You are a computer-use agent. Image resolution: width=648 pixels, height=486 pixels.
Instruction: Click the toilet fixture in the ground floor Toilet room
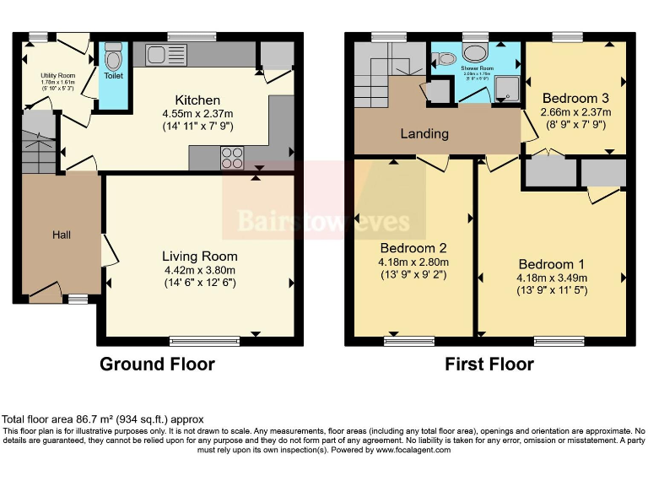click(113, 57)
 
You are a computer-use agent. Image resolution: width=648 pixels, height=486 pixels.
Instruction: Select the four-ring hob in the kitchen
click(232, 158)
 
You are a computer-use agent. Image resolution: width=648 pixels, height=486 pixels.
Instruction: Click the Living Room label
click(200, 256)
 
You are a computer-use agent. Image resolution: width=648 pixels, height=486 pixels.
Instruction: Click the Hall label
click(62, 235)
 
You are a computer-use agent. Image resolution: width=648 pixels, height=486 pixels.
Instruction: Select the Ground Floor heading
click(157, 364)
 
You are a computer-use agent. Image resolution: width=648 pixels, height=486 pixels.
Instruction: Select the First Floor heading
click(489, 364)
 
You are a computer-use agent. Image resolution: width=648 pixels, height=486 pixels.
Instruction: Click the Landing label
click(424, 133)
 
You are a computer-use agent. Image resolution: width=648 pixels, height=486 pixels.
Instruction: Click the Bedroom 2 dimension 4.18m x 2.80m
click(413, 262)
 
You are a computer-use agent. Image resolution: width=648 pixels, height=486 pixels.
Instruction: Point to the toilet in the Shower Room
click(444, 58)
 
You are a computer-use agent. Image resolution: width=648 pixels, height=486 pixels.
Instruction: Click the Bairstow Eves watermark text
click(323, 222)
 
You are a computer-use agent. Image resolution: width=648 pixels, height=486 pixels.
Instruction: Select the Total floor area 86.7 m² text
click(103, 419)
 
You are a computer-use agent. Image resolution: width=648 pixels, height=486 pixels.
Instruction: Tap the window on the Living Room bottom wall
click(192, 341)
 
